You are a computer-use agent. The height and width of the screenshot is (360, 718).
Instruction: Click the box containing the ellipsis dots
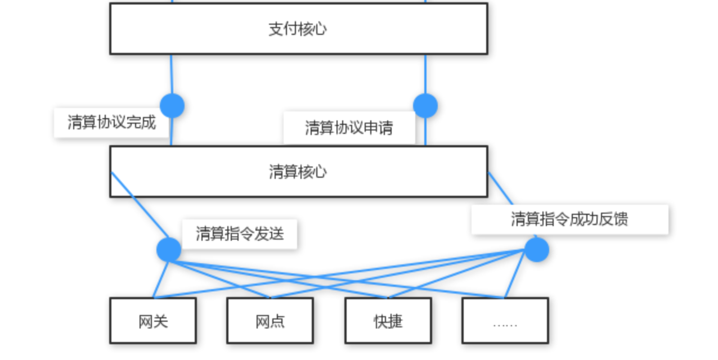point(505,321)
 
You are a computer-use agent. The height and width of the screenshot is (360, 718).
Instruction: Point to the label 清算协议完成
point(111,123)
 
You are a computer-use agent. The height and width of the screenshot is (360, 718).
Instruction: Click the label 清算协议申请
point(349,128)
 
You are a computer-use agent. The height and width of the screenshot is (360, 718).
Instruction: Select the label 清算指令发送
point(239,234)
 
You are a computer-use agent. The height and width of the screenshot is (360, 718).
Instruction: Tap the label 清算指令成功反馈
point(569,219)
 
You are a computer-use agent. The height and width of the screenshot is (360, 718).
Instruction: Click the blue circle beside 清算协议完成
point(172,106)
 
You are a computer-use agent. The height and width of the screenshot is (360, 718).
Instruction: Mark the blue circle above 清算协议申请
point(425,106)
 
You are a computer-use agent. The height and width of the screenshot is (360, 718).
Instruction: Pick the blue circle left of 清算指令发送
point(169,250)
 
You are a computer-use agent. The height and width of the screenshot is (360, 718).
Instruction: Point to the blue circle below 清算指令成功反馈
point(536,250)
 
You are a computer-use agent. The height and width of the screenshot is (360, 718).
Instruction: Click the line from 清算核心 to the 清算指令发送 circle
point(141,207)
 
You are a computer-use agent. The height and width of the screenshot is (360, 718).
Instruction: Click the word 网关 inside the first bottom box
point(152,322)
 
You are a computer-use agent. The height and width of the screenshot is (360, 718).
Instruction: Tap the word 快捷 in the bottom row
point(388,322)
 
